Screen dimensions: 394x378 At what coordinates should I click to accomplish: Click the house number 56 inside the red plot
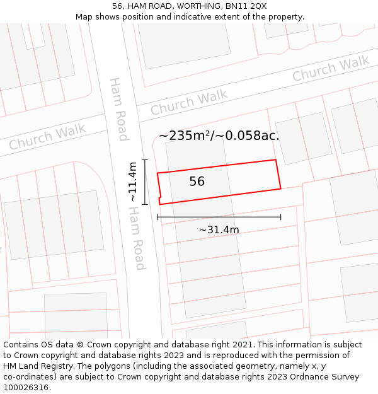coord(197,182)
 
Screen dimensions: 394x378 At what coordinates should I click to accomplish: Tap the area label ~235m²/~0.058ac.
coord(219,136)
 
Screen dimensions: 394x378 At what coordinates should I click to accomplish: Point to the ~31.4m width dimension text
coord(219,230)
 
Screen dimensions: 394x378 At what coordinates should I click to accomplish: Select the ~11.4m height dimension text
coord(132,182)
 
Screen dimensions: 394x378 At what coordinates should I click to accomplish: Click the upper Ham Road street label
coord(118,109)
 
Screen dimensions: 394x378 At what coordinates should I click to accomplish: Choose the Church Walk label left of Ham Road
coord(47,137)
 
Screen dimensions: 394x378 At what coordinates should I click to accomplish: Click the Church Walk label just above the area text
coord(189,103)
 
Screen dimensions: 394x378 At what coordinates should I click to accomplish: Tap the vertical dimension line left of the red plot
coord(145,182)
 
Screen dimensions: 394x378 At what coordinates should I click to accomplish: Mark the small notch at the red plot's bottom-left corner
coord(160,201)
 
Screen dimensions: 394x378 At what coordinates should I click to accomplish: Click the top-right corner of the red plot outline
coord(275,160)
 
